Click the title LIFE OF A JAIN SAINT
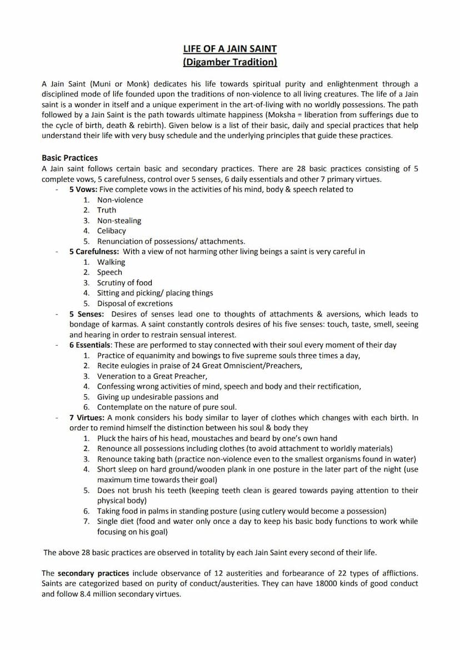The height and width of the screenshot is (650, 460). coord(229,49)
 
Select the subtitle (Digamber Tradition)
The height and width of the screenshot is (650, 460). coord(229,62)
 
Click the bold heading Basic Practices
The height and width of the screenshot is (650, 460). coord(69,158)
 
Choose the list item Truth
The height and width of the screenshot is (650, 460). coord(107,210)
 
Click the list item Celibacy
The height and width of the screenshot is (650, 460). coord(112,231)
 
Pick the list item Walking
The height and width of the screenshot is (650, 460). coord(111,262)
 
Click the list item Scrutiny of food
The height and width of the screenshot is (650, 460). coord(124,282)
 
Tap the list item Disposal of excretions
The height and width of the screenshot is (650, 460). coord(135,304)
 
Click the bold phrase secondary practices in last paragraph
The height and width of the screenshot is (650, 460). coord(93,573)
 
